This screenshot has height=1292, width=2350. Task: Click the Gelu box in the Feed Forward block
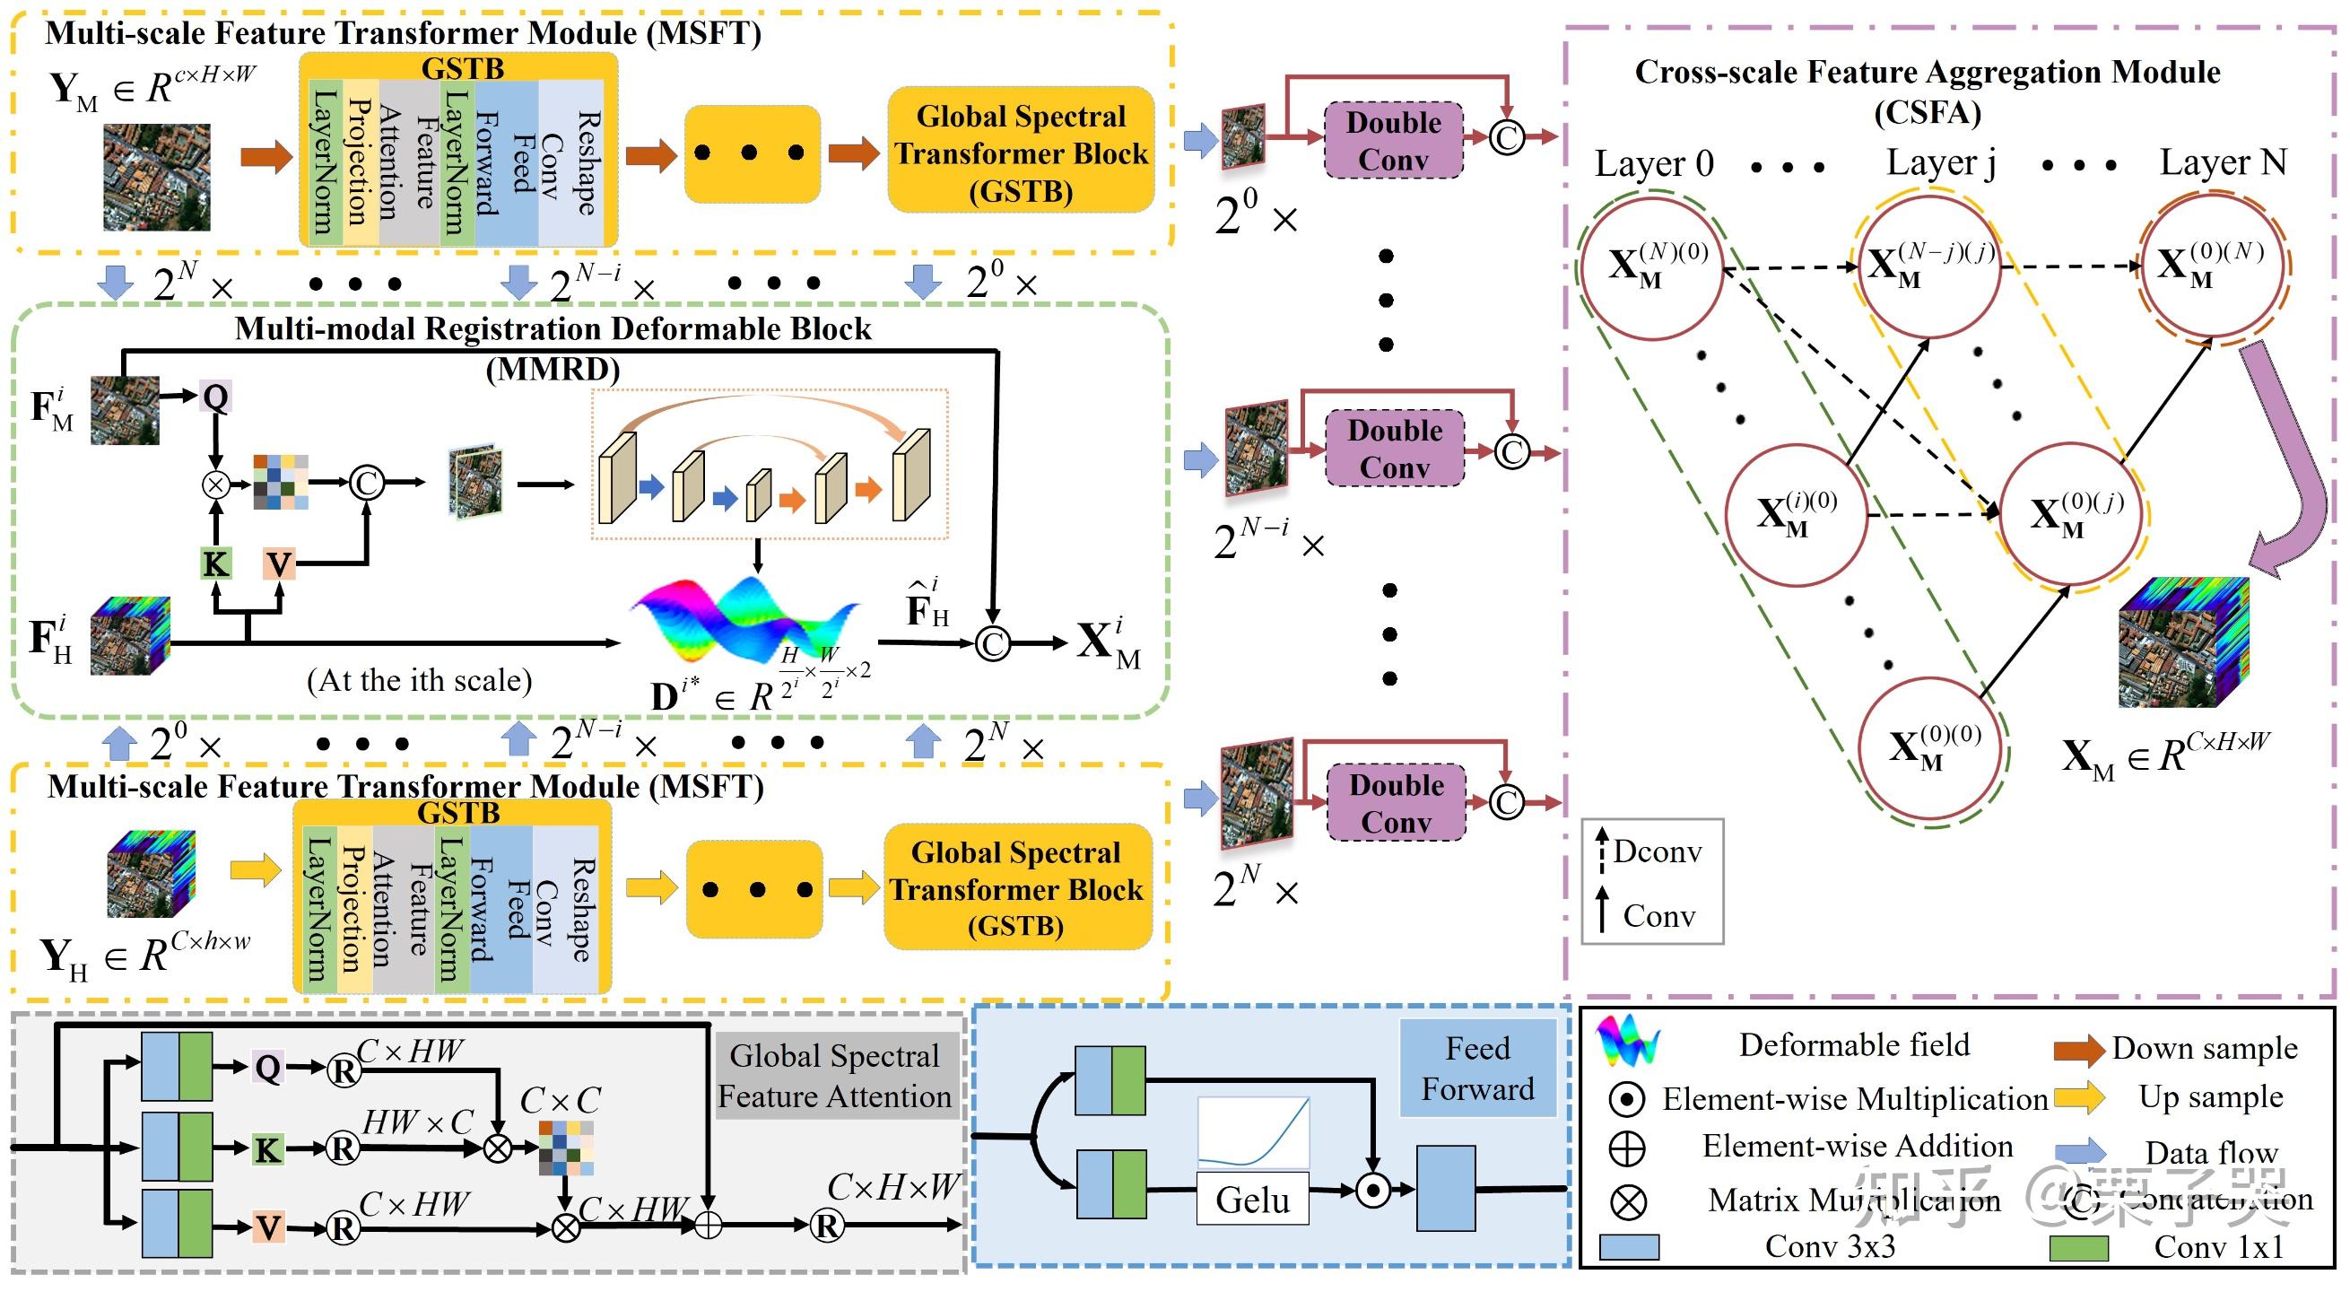(x=1251, y=1199)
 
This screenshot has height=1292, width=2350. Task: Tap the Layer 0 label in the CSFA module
(x=1653, y=164)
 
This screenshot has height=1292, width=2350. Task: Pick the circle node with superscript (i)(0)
(x=1797, y=516)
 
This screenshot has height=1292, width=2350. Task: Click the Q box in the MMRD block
(x=215, y=397)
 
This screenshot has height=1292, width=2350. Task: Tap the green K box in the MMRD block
(x=215, y=563)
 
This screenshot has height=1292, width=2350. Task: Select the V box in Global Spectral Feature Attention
(x=267, y=1227)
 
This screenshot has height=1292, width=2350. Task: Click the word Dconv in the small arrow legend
(x=1657, y=851)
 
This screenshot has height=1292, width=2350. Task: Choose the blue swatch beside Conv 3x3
(x=1628, y=1247)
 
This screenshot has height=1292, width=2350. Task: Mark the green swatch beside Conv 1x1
(x=2078, y=1247)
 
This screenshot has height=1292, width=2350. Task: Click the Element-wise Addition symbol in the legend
(x=1627, y=1148)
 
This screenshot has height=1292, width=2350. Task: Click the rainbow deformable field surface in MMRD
(x=746, y=621)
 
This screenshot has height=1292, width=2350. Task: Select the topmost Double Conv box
(x=1393, y=142)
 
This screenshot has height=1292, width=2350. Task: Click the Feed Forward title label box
(x=1477, y=1069)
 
